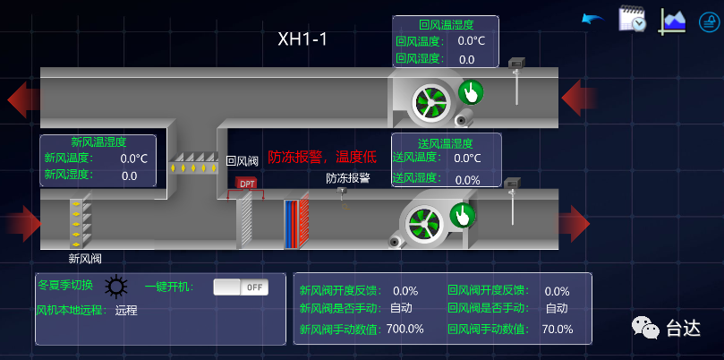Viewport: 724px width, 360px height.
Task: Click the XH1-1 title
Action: [x=302, y=39]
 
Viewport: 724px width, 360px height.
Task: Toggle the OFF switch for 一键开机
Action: [x=240, y=287]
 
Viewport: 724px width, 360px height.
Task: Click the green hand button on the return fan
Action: [x=471, y=91]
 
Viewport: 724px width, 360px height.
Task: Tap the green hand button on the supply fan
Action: [x=463, y=215]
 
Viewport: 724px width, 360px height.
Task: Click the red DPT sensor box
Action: [x=247, y=184]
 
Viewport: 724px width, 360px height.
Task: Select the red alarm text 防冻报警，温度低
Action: [x=322, y=156]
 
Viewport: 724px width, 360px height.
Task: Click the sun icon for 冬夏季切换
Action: [x=115, y=287]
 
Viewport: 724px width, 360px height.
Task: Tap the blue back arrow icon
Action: [x=592, y=19]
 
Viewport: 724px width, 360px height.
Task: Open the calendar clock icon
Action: [x=632, y=20]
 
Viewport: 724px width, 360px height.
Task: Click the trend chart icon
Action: [x=672, y=20]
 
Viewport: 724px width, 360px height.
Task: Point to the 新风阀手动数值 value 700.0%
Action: [x=405, y=329]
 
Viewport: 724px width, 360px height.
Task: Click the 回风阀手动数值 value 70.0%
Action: [x=557, y=329]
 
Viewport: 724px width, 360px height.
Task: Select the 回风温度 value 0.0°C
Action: [x=471, y=40]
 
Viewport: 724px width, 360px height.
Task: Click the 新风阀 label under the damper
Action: [x=85, y=259]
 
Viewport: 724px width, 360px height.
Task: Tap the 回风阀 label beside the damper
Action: [x=242, y=161]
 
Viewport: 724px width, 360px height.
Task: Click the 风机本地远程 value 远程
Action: [x=126, y=311]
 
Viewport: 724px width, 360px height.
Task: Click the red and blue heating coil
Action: [x=296, y=224]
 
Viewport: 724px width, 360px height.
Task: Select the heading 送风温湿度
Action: [x=445, y=142]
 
